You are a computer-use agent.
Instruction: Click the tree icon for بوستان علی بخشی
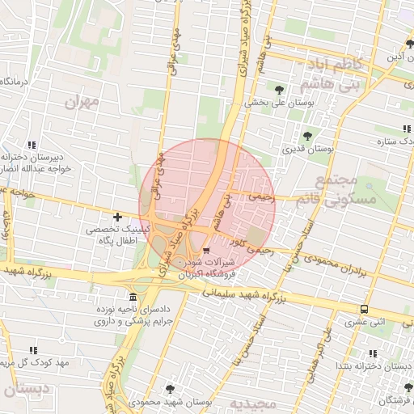point(280,90)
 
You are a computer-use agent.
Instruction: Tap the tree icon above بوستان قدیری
point(306,136)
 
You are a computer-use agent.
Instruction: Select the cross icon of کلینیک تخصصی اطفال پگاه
point(118,217)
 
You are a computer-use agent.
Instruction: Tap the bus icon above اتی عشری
point(365,309)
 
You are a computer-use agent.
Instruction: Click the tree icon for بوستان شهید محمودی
point(169,389)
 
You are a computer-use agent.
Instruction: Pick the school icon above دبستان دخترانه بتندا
point(372,353)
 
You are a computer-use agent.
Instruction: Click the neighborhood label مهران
point(82,101)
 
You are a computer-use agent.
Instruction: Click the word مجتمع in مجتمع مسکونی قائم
point(333,180)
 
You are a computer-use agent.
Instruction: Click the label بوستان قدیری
point(303,150)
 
